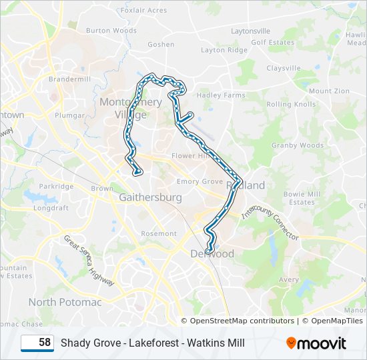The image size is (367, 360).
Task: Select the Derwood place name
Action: (212, 254)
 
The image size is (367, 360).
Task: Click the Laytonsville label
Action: (250, 31)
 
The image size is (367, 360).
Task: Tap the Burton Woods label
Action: (111, 31)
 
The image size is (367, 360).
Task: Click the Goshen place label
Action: (161, 45)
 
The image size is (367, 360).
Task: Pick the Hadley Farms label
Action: (222, 95)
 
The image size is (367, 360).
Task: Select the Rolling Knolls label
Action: (291, 105)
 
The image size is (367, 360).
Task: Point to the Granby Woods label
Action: (298, 145)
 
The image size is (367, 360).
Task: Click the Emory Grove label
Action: (200, 181)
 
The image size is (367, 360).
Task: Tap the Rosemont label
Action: (159, 234)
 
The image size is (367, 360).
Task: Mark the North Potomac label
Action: (65, 302)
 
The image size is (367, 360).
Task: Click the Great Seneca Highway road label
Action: (89, 260)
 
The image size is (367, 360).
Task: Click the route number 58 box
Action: (37, 343)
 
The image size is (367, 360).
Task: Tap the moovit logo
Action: (316, 343)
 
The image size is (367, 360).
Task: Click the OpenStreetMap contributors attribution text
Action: (242, 321)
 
